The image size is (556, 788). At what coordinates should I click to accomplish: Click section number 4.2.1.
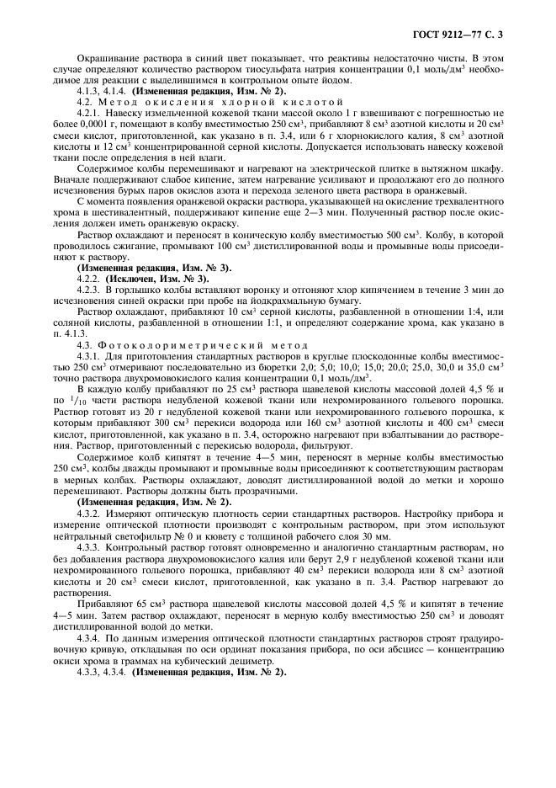click(x=88, y=112)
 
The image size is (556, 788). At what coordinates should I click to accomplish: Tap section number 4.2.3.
click(x=88, y=289)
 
